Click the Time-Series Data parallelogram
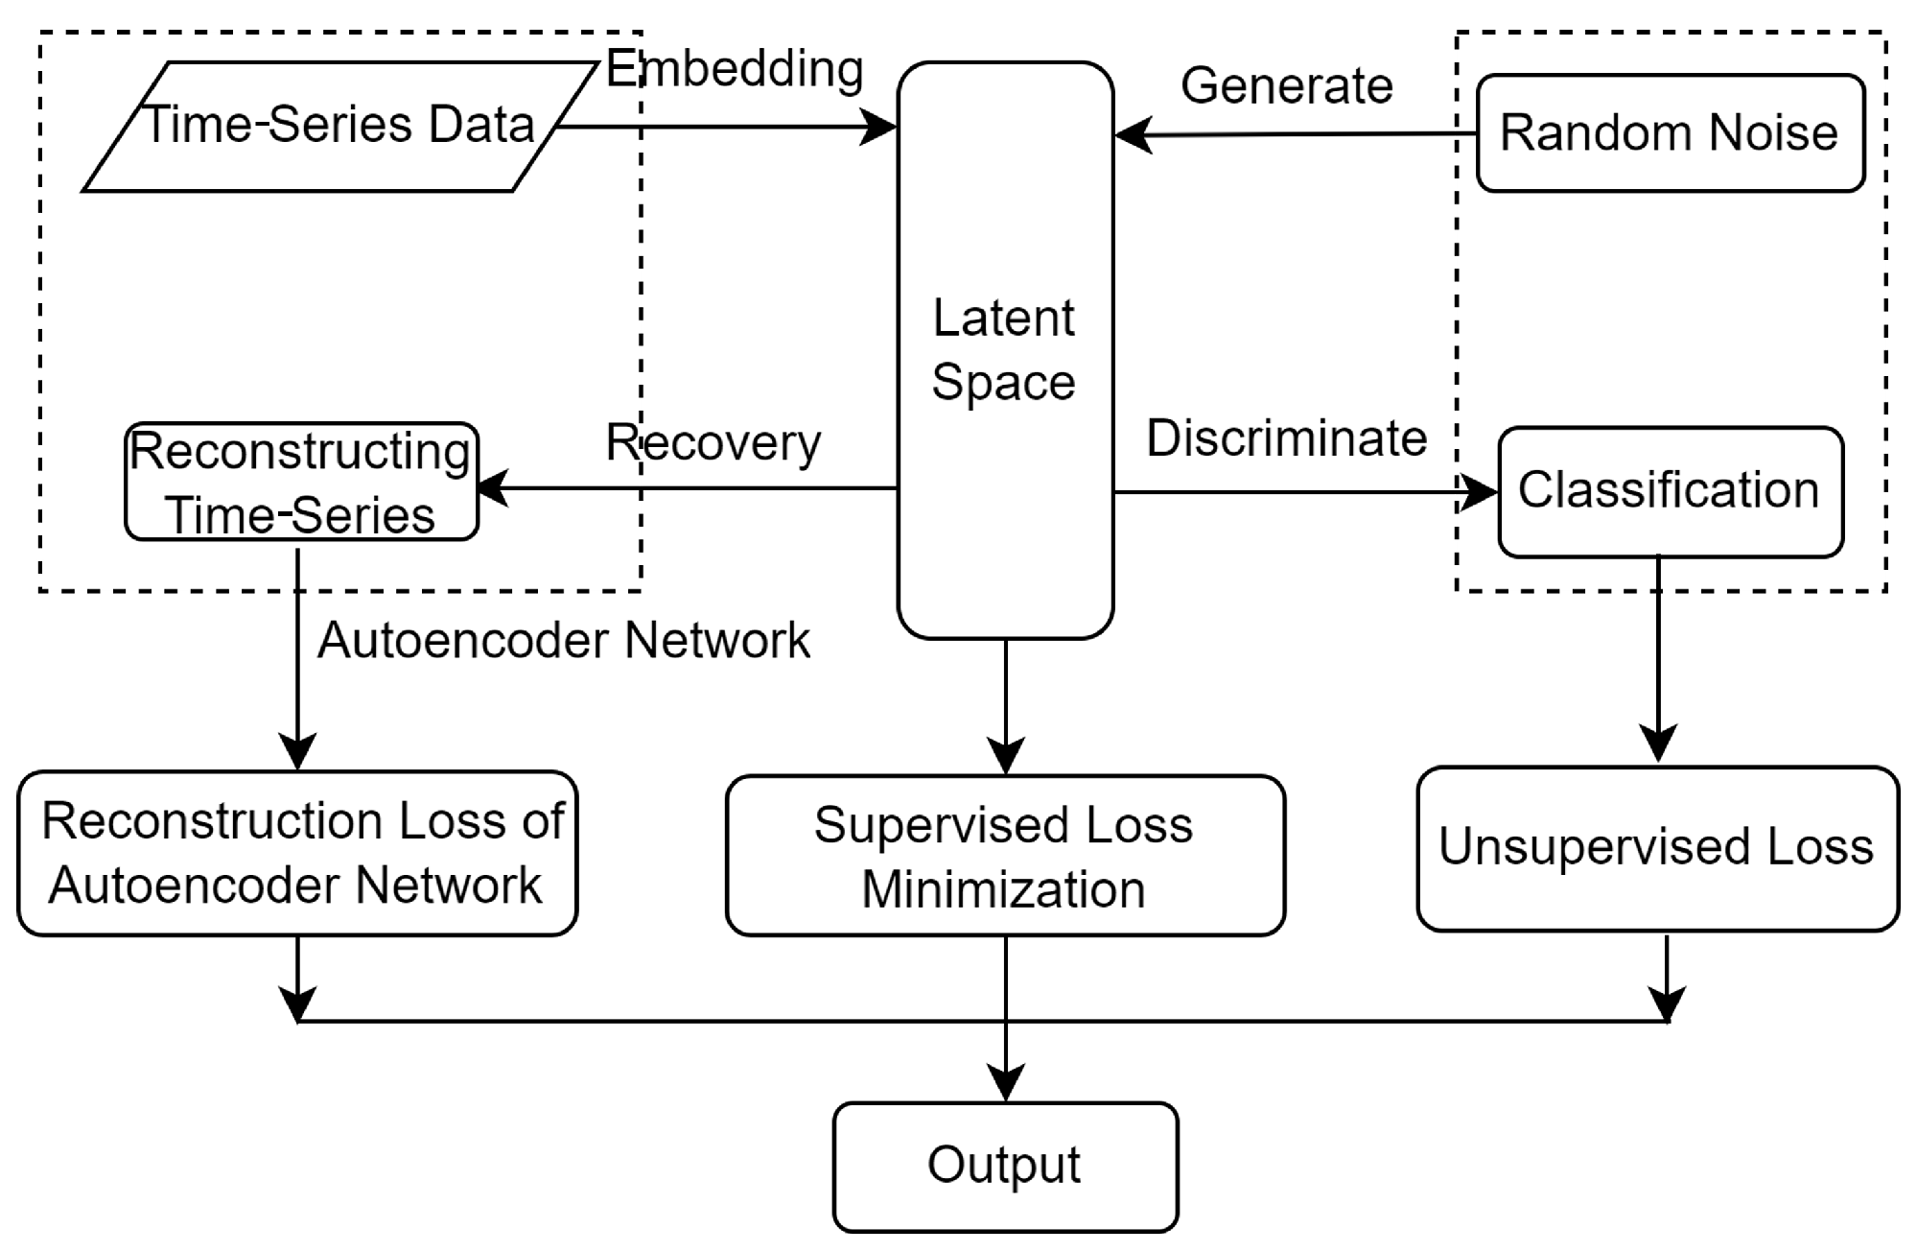(x=338, y=127)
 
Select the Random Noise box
(x=1670, y=132)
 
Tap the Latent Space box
(x=1004, y=350)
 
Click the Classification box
(x=1670, y=490)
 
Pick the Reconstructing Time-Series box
(x=301, y=483)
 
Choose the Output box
(x=1004, y=1166)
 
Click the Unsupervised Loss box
(x=1656, y=848)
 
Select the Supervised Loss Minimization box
(x=1004, y=856)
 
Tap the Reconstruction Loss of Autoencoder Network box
(x=297, y=853)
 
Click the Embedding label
(x=735, y=69)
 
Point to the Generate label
(x=1286, y=86)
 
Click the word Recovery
(x=713, y=443)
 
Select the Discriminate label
(x=1286, y=438)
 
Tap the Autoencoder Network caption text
(x=564, y=640)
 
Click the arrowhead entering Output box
(x=1005, y=1084)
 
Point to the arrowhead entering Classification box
(x=1480, y=493)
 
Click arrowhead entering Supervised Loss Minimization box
(x=1005, y=756)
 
